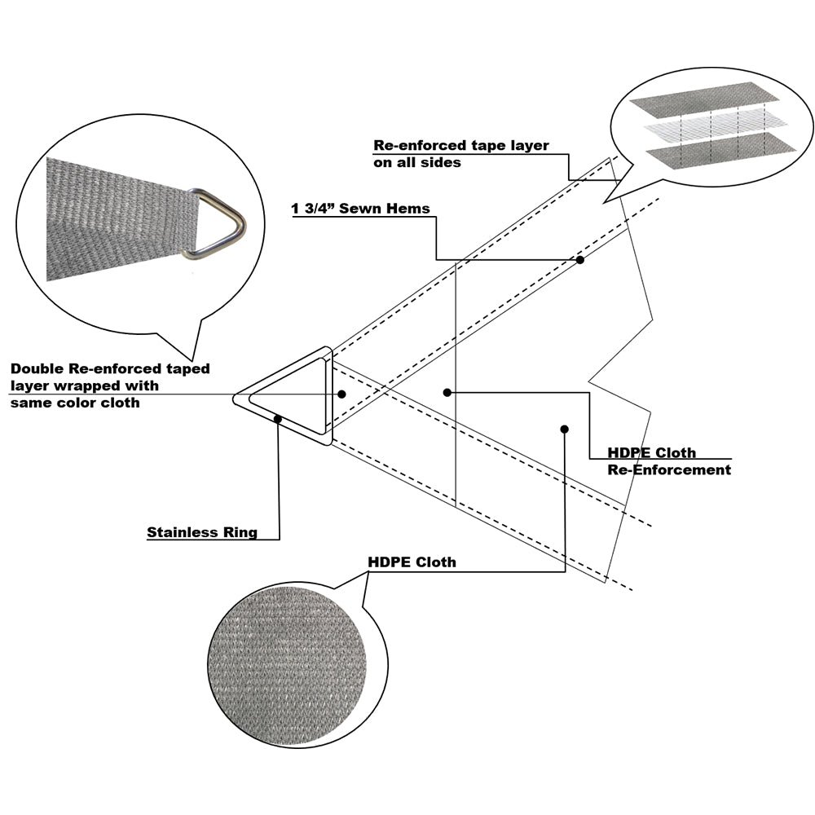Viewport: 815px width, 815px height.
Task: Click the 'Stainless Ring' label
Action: click(202, 533)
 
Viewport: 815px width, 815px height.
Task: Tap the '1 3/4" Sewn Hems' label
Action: click(361, 208)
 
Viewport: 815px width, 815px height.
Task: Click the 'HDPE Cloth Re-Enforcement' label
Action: click(668, 461)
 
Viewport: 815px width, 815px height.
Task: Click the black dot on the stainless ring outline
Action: click(279, 419)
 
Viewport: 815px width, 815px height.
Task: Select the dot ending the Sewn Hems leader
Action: click(580, 260)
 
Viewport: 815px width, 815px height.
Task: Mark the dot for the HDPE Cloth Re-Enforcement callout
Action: click(447, 393)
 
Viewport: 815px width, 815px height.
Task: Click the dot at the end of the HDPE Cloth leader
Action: click(563, 429)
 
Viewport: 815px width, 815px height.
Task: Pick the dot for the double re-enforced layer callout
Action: click(341, 394)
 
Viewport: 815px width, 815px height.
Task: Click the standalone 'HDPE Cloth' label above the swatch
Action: click(412, 562)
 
